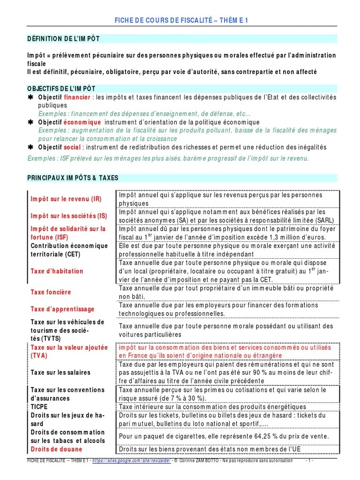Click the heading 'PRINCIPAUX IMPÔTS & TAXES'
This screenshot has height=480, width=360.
[x=73, y=178]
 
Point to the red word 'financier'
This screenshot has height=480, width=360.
[x=78, y=97]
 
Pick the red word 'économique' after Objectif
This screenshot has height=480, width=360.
[x=82, y=122]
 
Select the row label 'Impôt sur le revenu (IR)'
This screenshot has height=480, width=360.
[x=66, y=199]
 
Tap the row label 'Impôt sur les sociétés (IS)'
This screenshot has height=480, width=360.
[x=68, y=216]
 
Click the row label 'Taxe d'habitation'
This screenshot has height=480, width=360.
[x=57, y=271]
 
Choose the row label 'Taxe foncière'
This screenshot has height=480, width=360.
[x=51, y=292]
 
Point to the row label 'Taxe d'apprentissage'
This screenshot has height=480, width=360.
[x=62, y=309]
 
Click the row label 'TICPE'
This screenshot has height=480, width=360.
[x=39, y=407]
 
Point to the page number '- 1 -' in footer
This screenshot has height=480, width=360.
[x=309, y=461]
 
